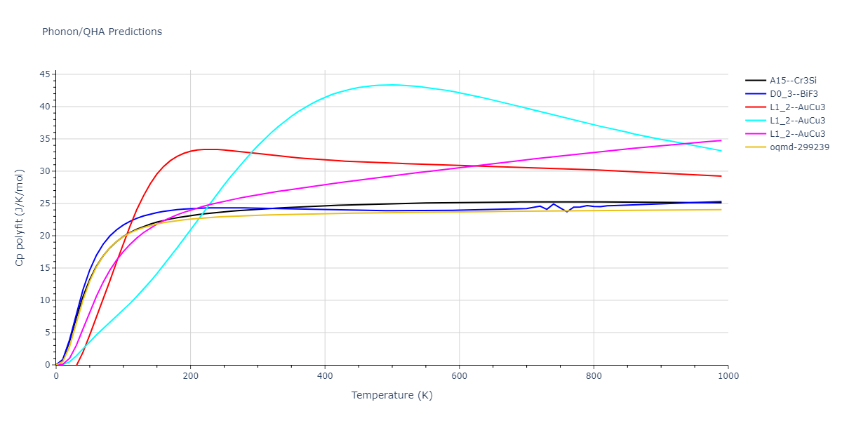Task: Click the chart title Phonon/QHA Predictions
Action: pyautogui.click(x=102, y=32)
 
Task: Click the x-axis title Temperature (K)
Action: pyautogui.click(x=392, y=395)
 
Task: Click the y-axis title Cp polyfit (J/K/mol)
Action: pyautogui.click(x=20, y=218)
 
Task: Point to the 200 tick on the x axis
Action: pyautogui.click(x=190, y=376)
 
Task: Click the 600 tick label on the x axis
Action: pyautogui.click(x=459, y=376)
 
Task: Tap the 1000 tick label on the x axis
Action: pyautogui.click(x=728, y=376)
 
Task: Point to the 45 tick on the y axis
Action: pyautogui.click(x=44, y=74)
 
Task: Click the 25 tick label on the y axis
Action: pyautogui.click(x=44, y=203)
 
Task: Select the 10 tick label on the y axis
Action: pyautogui.click(x=44, y=300)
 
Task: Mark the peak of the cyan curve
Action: pyautogui.click(x=392, y=85)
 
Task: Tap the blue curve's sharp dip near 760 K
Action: pyautogui.click(x=567, y=211)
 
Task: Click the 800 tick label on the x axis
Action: pyautogui.click(x=594, y=376)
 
